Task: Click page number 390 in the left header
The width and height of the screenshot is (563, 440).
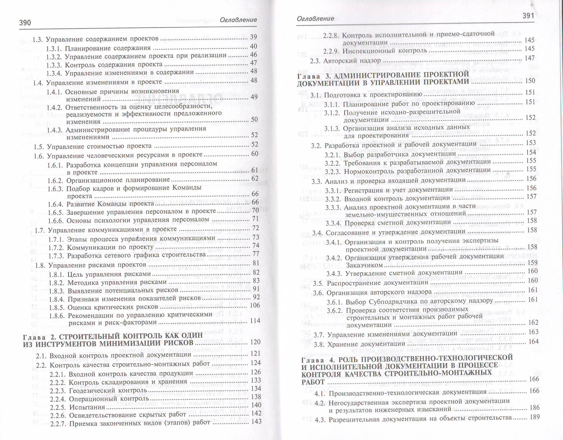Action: point(25,23)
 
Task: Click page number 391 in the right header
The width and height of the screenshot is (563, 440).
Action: point(528,16)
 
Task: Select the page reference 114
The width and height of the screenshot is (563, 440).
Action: point(255,321)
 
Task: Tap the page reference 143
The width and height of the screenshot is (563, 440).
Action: point(256,422)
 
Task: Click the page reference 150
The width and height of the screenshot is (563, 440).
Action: point(530,81)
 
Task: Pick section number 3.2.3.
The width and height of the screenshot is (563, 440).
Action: point(333,171)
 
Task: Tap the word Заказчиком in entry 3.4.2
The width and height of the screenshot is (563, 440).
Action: point(363,265)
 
